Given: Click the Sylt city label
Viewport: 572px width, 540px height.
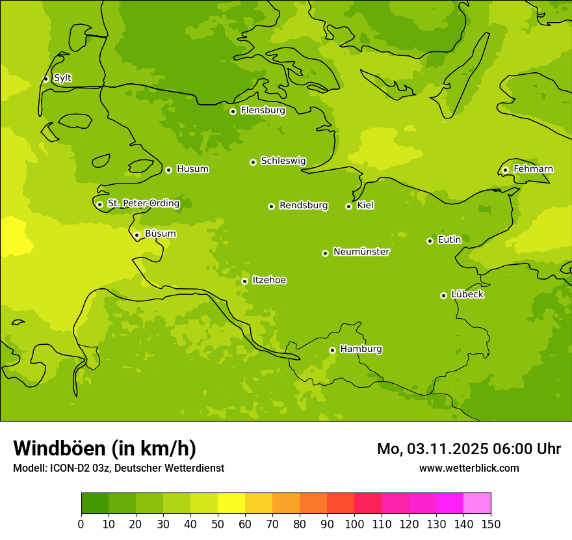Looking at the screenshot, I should (62, 78).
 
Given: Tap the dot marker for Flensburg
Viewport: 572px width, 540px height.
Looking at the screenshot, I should (233, 111).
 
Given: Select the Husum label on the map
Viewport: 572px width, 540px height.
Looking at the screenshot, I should (192, 169).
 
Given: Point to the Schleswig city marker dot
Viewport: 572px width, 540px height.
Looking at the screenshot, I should (253, 162).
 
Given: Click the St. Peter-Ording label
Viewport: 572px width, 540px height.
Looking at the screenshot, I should (144, 204).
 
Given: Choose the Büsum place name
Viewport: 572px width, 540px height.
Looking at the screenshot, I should (160, 234).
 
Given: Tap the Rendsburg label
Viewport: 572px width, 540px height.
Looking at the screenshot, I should (304, 206).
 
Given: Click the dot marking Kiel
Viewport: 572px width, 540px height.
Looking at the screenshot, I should (348, 206).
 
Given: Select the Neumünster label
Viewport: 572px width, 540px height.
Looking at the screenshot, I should (361, 252).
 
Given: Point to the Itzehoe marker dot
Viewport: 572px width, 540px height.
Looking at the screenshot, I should (244, 282).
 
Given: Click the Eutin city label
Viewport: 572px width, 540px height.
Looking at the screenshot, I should (449, 240).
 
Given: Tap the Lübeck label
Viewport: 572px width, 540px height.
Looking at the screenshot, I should (467, 295).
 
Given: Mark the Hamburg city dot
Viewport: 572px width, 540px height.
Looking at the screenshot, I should (332, 350).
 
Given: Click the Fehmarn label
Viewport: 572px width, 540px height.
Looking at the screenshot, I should (533, 169).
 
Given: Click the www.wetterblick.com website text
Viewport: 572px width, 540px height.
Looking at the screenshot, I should (469, 468).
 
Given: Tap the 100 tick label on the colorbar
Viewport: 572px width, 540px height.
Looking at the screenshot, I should (354, 524).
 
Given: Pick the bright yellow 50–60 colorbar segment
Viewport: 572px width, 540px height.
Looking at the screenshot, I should (231, 504).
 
